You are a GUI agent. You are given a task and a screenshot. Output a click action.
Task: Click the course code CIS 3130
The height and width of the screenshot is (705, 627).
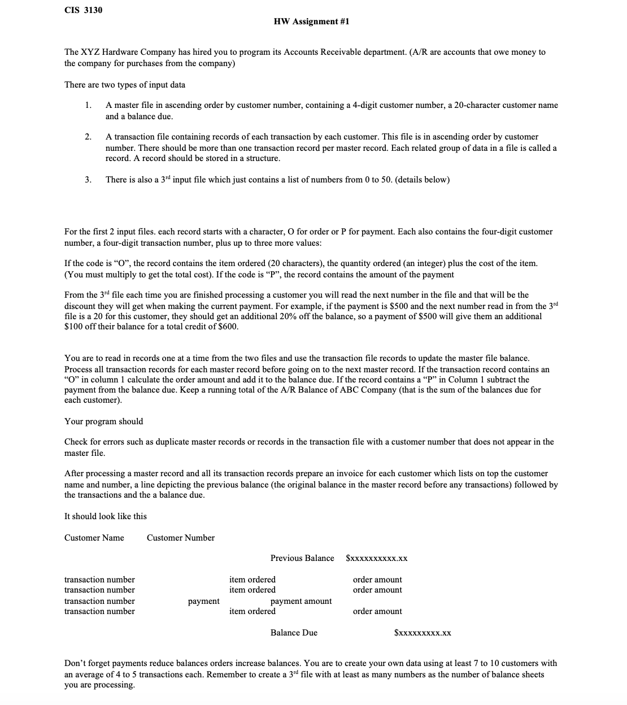pos(83,10)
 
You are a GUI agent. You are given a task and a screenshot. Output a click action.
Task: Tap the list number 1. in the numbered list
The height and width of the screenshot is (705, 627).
pos(88,105)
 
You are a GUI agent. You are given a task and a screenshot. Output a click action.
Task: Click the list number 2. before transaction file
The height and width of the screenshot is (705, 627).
pos(88,137)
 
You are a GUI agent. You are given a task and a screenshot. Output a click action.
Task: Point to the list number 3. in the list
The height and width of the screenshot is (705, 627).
pos(88,180)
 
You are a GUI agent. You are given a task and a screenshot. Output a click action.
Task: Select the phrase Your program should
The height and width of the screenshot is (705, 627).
pos(104,421)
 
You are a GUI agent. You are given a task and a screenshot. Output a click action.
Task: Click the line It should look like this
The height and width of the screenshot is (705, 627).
pos(106,516)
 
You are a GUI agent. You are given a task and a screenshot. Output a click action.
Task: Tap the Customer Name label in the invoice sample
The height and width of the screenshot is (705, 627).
pos(94,538)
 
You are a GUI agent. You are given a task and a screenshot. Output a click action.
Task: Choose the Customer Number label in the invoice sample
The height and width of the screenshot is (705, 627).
pos(181,538)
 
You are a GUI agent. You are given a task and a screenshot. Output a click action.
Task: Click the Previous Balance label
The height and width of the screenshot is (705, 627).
pos(302,558)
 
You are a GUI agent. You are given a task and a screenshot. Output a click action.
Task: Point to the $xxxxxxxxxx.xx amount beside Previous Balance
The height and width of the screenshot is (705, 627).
pos(377,559)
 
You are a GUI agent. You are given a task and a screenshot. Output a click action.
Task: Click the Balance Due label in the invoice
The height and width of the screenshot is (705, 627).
pos(294,633)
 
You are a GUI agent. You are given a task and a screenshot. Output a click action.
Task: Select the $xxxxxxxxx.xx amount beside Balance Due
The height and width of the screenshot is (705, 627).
pos(423,633)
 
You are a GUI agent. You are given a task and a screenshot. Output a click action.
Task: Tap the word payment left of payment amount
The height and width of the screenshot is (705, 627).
pos(203,601)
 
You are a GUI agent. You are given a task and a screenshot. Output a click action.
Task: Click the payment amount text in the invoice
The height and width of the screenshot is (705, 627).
pos(301,601)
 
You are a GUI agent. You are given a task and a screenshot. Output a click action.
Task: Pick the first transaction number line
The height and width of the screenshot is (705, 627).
pos(100,580)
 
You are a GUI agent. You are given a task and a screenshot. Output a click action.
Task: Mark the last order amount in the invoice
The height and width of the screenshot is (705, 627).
pos(377,611)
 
